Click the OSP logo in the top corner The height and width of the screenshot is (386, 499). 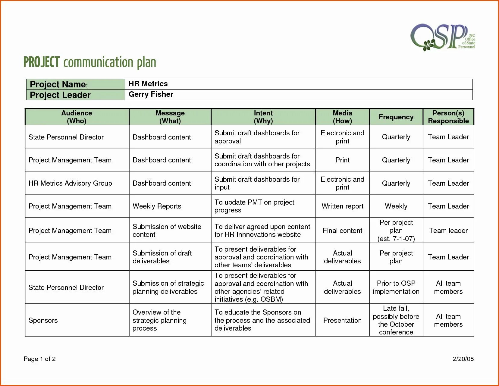442,37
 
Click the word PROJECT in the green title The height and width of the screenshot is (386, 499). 42,62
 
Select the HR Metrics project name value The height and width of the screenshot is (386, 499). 148,84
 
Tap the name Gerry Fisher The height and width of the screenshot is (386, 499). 151,94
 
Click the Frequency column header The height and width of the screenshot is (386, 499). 396,117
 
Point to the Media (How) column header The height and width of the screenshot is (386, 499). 342,117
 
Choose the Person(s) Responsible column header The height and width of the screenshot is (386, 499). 448,117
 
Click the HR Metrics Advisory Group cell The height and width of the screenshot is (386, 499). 70,183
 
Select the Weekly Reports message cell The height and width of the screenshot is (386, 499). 157,206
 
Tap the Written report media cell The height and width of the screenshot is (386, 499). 342,206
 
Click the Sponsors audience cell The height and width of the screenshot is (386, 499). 43,320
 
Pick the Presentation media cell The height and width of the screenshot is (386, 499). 342,320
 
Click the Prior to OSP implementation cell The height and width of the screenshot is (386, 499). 396,287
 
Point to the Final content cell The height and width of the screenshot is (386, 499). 342,231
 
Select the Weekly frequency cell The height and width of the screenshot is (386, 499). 396,206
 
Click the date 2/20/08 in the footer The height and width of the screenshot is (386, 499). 463,359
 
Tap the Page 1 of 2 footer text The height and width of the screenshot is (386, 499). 39,359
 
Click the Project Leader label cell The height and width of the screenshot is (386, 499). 60,95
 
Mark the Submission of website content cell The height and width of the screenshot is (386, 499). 167,231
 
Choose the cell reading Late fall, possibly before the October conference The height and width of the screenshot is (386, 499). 396,320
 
